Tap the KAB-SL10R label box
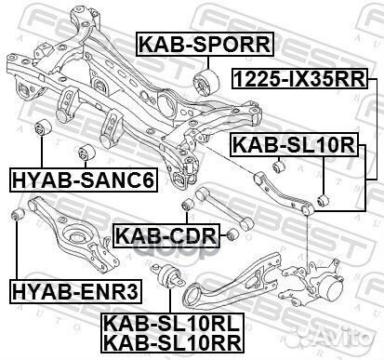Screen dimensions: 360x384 [x=293, y=143]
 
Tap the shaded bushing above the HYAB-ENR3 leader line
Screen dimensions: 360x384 [x=15, y=216]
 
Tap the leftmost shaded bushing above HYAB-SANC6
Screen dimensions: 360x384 [x=41, y=127]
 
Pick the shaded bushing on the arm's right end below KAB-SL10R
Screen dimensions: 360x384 [x=323, y=199]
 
